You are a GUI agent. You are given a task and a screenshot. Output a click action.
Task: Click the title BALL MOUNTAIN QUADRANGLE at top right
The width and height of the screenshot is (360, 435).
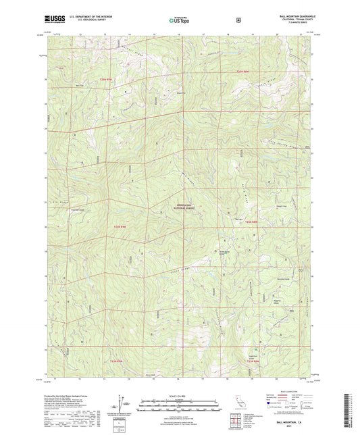pos(292,15)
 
